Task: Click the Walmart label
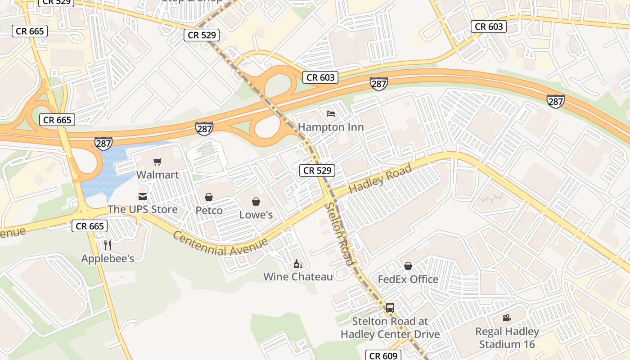[157, 175]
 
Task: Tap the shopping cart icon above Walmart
[157, 162]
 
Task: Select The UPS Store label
[143, 209]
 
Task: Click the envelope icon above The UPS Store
[143, 197]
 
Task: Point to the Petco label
[209, 210]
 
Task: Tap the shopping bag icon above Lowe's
[256, 202]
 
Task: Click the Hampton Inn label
[331, 127]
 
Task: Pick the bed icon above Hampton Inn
[331, 114]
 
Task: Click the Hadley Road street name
[380, 179]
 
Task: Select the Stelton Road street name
[339, 234]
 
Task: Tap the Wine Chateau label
[298, 276]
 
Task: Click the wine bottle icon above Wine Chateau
[297, 264]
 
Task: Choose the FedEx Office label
[408, 279]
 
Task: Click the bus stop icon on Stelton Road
[390, 308]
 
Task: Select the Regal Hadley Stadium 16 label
[507, 338]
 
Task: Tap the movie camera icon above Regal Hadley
[507, 318]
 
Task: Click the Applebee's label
[108, 258]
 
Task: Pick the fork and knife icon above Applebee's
[107, 245]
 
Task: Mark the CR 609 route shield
[382, 355]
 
